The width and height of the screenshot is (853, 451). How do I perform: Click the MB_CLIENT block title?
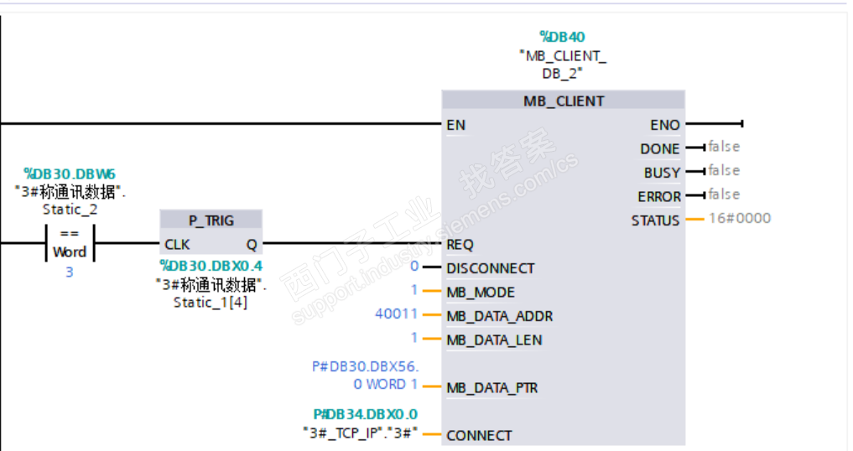[x=564, y=101]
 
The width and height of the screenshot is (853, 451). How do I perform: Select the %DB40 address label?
[x=562, y=37]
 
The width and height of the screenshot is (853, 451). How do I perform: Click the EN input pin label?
[x=456, y=125]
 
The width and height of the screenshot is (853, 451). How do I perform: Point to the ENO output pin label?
[x=665, y=125]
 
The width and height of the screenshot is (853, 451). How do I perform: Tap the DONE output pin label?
[x=660, y=149]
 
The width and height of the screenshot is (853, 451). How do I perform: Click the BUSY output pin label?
[x=662, y=173]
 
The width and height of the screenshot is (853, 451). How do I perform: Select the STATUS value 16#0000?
[x=740, y=218]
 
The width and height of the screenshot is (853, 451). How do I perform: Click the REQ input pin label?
[x=460, y=245]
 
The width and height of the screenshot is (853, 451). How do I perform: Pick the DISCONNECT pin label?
[x=490, y=269]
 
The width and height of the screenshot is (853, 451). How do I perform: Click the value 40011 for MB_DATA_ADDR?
[x=396, y=314]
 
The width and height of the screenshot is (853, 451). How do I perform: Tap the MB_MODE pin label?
[x=481, y=293]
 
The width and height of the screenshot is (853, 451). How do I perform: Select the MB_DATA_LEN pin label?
[x=494, y=340]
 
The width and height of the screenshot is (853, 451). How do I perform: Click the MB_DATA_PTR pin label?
[x=492, y=388]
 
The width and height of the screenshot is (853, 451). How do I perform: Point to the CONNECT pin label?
[x=479, y=436]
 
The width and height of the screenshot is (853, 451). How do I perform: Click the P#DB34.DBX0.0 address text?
[x=366, y=415]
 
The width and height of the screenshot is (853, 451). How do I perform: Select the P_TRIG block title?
[x=211, y=220]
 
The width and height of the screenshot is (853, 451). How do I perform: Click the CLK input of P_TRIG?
[x=177, y=245]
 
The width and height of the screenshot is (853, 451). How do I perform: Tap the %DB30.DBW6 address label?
[x=70, y=174]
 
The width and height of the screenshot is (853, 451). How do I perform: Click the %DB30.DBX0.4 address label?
[x=211, y=266]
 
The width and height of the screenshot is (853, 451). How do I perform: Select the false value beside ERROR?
[x=724, y=194]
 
